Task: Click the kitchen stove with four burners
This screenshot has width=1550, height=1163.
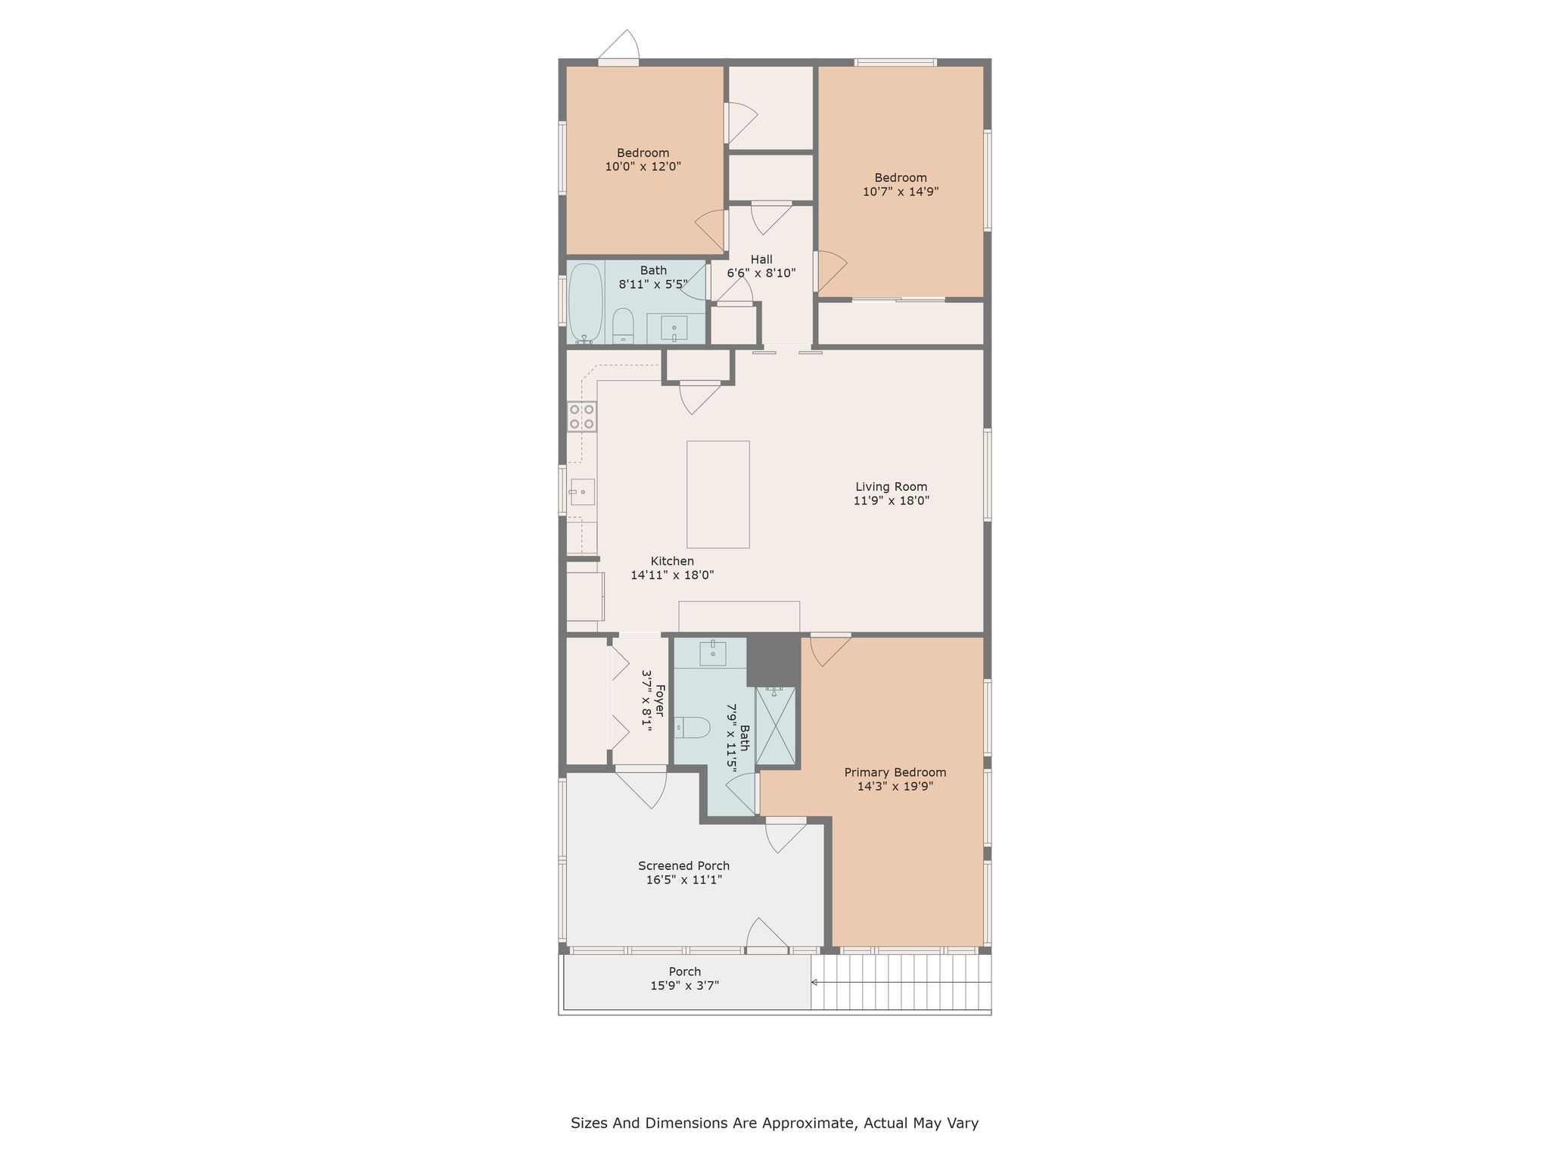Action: coord(582,416)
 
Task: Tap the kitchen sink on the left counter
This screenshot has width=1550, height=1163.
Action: coord(582,492)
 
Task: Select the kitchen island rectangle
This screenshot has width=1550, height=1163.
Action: coord(718,494)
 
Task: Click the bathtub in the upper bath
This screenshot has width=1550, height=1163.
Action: coord(585,303)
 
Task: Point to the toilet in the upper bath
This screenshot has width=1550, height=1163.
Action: coord(623,326)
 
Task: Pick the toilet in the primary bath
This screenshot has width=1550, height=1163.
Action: coord(692,728)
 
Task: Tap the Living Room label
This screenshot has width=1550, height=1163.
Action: coord(892,487)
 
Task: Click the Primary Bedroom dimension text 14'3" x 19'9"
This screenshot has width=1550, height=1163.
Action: coord(895,786)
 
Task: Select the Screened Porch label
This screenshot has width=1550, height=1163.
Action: coord(684,865)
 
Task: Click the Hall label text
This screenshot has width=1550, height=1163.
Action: coord(761,260)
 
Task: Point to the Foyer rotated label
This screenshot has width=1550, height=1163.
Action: coord(660,701)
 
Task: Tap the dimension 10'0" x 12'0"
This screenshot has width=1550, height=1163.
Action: coord(643,167)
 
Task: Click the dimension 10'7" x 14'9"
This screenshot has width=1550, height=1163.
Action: coord(901,192)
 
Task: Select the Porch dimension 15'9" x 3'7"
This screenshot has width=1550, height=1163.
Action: coord(685,985)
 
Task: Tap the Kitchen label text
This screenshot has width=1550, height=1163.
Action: coord(672,561)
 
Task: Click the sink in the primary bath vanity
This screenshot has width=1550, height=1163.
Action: coord(713,653)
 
